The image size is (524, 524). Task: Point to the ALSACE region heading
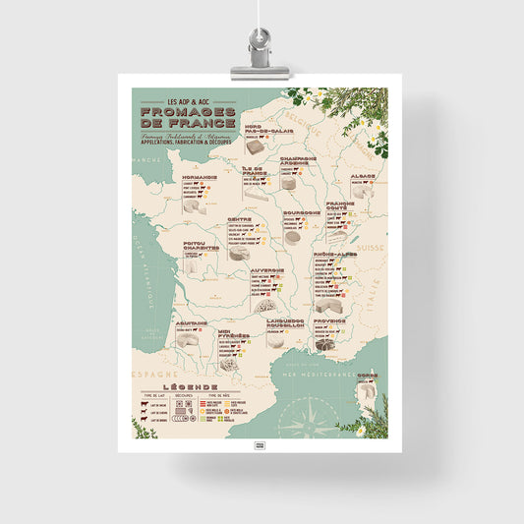(x=362, y=176)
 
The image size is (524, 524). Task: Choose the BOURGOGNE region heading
(x=302, y=211)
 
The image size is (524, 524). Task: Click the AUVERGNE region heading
(x=266, y=268)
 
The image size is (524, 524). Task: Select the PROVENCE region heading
(x=328, y=320)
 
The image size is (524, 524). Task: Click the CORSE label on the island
(x=366, y=376)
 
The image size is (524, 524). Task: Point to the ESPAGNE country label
(x=152, y=375)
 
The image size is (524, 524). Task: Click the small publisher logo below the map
(x=261, y=445)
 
